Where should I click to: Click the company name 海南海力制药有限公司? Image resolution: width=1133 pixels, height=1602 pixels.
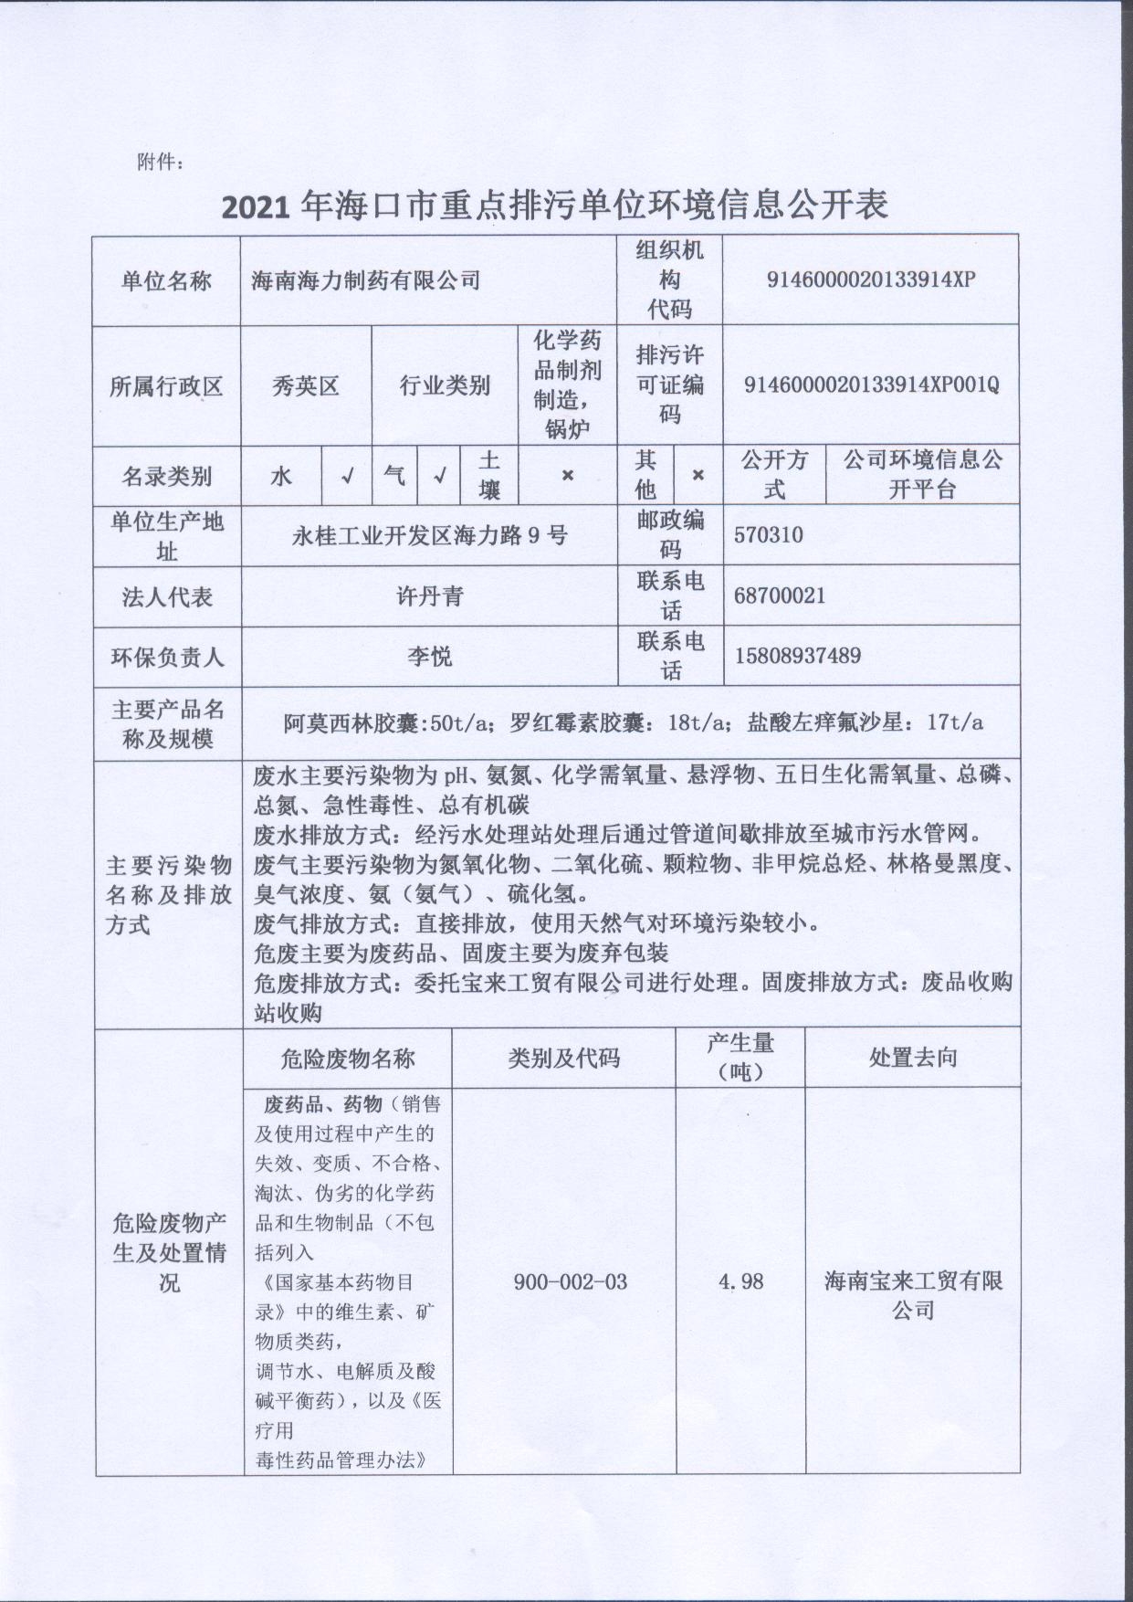point(365,279)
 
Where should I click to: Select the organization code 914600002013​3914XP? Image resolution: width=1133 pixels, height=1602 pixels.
point(871,279)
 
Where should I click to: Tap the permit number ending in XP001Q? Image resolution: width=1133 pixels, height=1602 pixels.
point(871,385)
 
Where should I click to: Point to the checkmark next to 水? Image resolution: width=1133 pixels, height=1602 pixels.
point(347,475)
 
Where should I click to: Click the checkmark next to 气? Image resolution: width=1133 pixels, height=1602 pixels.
point(439,475)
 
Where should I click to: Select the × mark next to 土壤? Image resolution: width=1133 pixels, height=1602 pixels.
point(567,475)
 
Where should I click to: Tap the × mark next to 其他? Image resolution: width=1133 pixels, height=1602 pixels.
point(698,475)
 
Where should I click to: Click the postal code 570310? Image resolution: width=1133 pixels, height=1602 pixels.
point(768,534)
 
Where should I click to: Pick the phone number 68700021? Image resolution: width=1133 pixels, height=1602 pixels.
point(779,595)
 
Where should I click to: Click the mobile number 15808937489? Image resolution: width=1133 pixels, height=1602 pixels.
point(797,655)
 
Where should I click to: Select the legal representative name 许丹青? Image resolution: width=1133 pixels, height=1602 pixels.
point(429,596)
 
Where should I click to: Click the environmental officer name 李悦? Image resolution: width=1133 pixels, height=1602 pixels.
point(429,656)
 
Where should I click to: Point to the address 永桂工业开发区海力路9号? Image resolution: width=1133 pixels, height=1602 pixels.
point(429,535)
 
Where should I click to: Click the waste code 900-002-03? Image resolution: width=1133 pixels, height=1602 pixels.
point(571,1281)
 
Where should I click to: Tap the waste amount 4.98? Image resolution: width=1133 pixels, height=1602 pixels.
point(740,1281)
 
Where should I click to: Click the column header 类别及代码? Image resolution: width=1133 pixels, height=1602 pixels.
point(564,1058)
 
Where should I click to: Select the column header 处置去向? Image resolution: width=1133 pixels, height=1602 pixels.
point(912,1058)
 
